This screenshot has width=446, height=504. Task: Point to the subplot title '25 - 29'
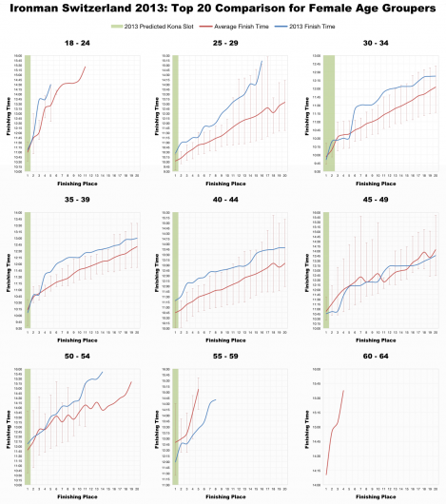coord(225,44)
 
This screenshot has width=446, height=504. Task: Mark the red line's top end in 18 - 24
coord(86,67)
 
